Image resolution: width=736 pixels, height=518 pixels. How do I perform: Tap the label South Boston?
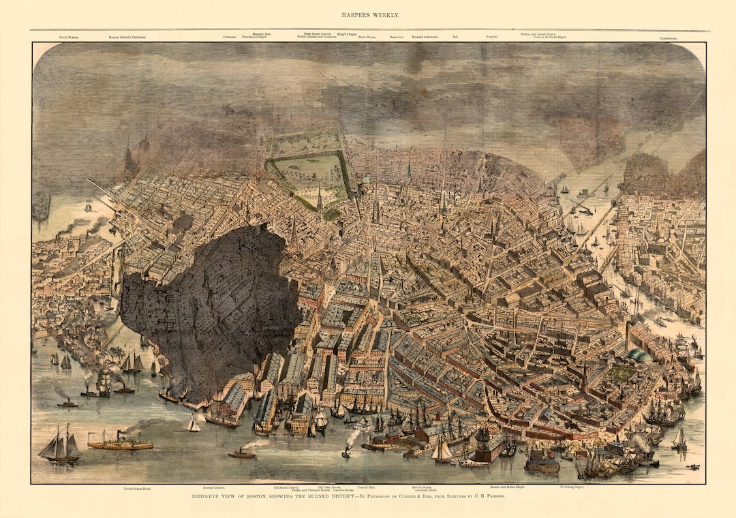[x=69, y=37]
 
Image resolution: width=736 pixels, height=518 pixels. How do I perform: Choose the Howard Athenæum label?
[x=426, y=37]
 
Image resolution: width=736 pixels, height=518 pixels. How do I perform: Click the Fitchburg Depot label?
[x=572, y=487]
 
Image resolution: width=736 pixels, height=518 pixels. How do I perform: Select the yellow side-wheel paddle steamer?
[x=120, y=442]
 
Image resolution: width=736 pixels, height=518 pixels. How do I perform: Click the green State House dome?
[x=366, y=180]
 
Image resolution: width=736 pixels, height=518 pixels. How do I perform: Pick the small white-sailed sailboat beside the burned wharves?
[x=194, y=425]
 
